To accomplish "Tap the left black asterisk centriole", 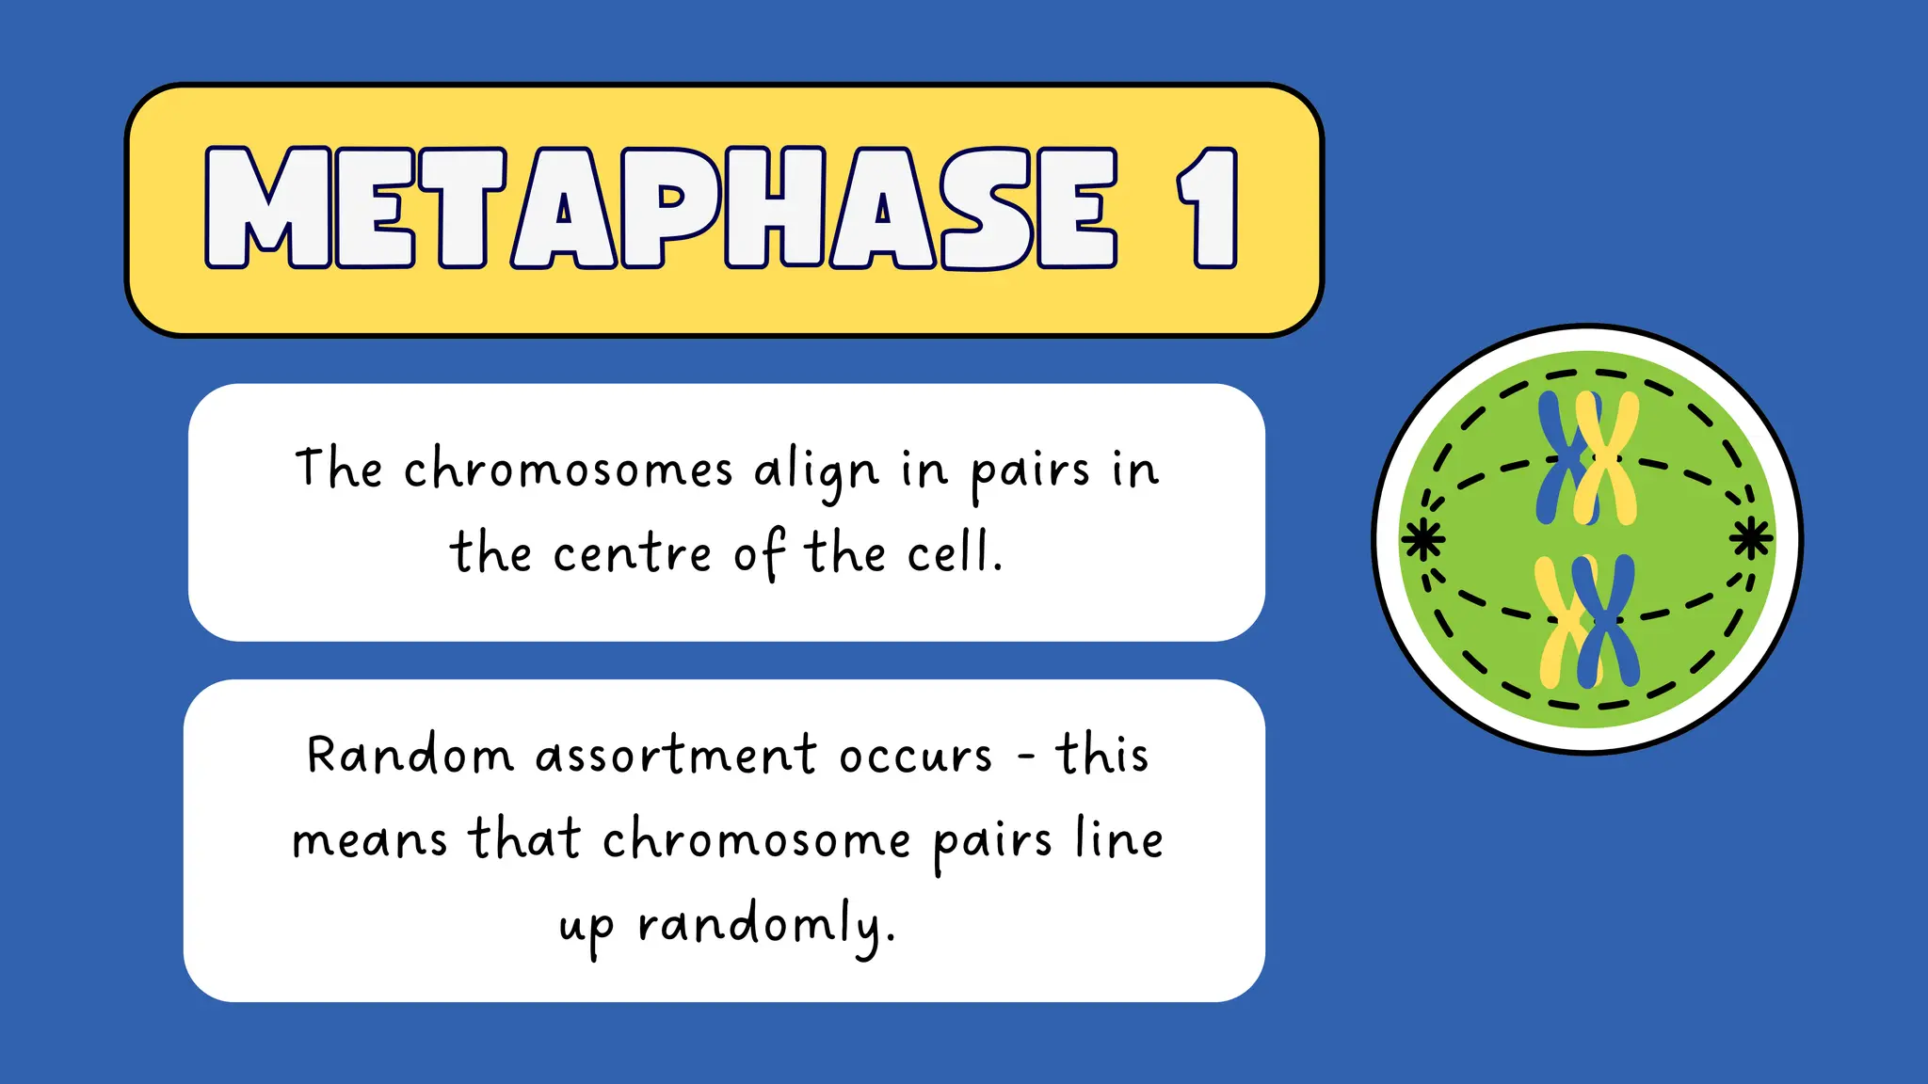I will coord(1422,539).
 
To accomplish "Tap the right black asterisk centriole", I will coord(1751,538).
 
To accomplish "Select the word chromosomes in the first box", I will coord(568,470).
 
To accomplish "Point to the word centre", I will coord(632,553).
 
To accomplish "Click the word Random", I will coord(410,756).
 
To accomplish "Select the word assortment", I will coord(676,756).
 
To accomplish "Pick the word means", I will coord(369,840).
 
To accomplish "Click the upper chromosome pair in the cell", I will coord(1588,458).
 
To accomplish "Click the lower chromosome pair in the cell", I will coord(1588,621).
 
